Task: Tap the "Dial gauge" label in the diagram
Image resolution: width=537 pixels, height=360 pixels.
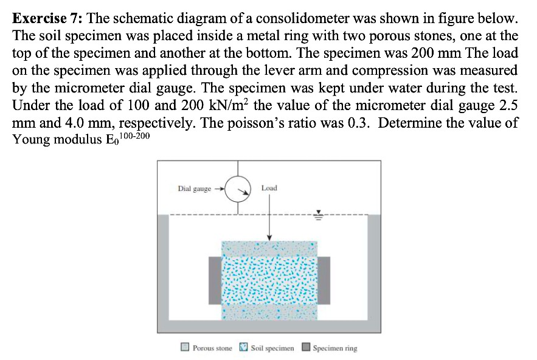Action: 193,189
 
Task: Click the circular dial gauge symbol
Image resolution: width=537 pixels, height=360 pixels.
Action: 238,190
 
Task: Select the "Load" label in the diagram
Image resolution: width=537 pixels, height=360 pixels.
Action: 269,188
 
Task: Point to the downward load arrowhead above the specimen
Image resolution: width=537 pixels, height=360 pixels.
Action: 269,237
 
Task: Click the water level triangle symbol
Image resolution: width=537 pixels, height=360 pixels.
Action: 316,215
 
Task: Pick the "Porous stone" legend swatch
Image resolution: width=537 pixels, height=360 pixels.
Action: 185,348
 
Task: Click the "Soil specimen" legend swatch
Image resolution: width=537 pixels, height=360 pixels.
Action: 243,348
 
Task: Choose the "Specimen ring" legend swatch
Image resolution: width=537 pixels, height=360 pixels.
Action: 306,348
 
